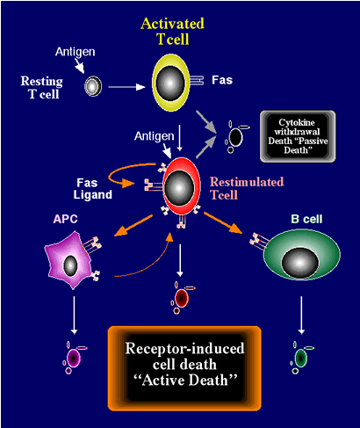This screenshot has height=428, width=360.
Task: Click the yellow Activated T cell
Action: pyautogui.click(x=170, y=83)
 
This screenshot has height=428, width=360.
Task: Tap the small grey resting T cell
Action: pyautogui.click(x=93, y=86)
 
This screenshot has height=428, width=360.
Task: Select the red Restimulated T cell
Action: pyautogui.click(x=181, y=186)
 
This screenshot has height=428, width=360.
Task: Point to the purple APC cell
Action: pyautogui.click(x=69, y=260)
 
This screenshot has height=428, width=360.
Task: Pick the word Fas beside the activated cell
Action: pyautogui.click(x=222, y=80)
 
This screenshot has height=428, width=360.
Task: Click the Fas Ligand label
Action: pyautogui.click(x=92, y=189)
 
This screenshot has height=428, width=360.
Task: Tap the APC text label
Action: pyautogui.click(x=66, y=219)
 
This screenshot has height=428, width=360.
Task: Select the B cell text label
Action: pyautogui.click(x=306, y=219)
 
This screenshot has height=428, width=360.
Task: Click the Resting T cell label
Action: pyautogui.click(x=42, y=87)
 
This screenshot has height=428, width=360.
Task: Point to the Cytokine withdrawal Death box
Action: pyautogui.click(x=298, y=136)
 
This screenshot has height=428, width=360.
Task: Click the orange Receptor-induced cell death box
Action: pyautogui.click(x=184, y=368)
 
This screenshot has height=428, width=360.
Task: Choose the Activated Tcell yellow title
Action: pyautogui.click(x=172, y=32)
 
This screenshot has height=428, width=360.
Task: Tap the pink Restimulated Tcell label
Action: pyautogui.click(x=247, y=188)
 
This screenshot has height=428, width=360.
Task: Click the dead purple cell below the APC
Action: pyautogui.click(x=75, y=358)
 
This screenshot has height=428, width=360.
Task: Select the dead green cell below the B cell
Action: pyautogui.click(x=301, y=358)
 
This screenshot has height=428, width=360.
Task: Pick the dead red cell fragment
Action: pyautogui.click(x=182, y=298)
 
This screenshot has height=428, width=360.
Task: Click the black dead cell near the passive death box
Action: pyautogui.click(x=236, y=136)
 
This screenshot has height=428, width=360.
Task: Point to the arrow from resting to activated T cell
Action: pyautogui.click(x=126, y=87)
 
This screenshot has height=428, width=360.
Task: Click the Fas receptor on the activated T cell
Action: pyautogui.click(x=197, y=80)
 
